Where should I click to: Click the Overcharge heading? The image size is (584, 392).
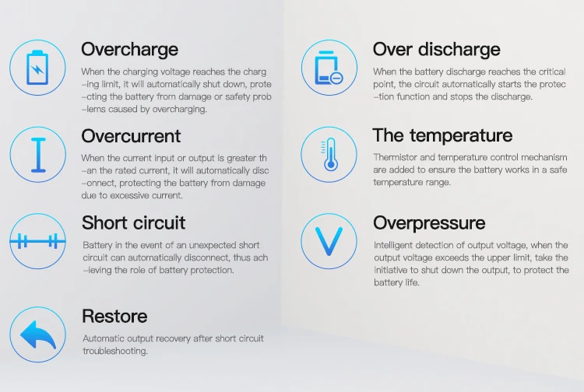click(x=129, y=50)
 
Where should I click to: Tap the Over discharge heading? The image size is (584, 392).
click(x=436, y=50)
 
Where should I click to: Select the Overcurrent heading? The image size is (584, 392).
click(x=131, y=136)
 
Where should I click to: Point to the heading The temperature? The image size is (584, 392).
click(x=442, y=135)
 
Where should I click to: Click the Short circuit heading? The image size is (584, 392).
click(x=133, y=223)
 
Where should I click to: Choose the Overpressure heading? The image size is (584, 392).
click(x=429, y=223)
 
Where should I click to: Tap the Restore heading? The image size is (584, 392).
click(x=114, y=317)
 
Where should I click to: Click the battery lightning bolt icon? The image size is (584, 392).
click(x=37, y=68)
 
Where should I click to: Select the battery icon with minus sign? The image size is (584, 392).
click(x=328, y=68)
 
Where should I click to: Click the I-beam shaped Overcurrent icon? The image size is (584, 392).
click(x=37, y=154)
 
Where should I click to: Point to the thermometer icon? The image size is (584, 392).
click(x=328, y=154)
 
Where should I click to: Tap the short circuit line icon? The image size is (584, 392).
click(x=37, y=241)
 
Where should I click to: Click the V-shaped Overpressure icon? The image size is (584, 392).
click(x=328, y=241)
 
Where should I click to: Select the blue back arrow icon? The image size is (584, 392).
click(x=37, y=334)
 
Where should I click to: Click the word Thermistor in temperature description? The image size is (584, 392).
click(x=395, y=157)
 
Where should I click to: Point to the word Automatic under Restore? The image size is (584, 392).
click(x=104, y=338)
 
